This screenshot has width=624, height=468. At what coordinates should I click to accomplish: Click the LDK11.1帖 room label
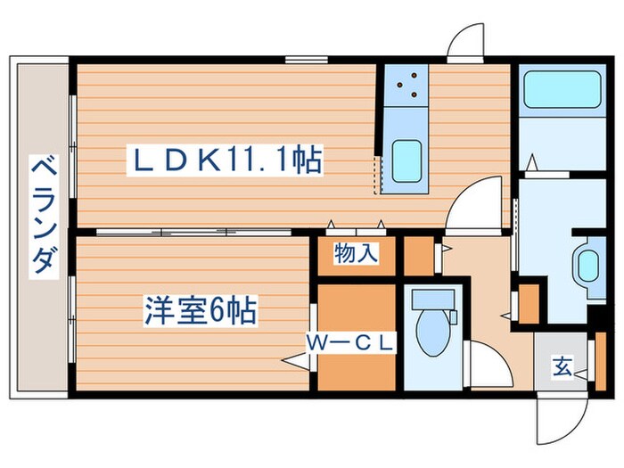(x=227, y=161)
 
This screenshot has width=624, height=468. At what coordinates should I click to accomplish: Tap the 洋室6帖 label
(x=201, y=311)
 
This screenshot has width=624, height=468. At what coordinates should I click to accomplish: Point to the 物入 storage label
(x=356, y=255)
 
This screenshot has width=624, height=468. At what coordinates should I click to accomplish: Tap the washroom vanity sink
(x=587, y=266)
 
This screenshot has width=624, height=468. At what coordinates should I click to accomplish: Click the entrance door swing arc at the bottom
(x=559, y=420)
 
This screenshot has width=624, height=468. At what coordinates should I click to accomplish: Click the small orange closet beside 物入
(x=418, y=255)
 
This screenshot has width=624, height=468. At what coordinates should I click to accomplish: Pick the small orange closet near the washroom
(x=529, y=303)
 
